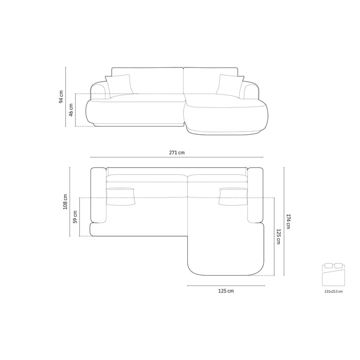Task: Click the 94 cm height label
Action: point(61,97)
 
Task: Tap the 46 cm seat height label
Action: point(71,110)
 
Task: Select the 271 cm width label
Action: point(177,152)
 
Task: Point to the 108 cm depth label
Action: point(65,202)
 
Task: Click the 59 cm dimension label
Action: point(75,217)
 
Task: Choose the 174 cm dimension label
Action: point(289,221)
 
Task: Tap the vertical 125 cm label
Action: point(279,237)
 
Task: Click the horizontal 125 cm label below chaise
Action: point(226,291)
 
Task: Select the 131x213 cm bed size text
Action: point(333,292)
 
